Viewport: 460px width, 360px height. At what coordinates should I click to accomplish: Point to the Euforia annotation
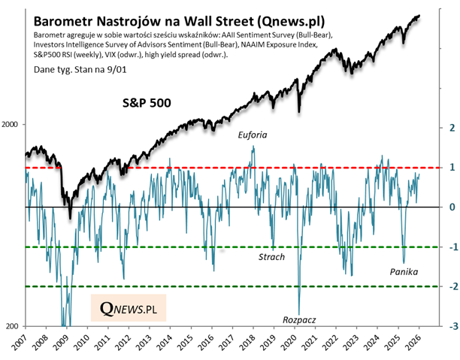point(252,135)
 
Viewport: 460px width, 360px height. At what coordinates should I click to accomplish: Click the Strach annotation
point(271,257)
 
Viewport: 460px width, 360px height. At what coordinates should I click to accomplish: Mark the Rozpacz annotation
point(299,319)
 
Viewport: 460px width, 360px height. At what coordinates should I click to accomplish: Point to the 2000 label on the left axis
point(13,125)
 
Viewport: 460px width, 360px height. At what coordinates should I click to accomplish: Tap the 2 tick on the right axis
point(449,127)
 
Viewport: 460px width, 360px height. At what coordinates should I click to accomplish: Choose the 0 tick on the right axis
point(449,207)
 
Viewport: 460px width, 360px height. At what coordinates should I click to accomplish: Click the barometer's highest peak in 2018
point(253,147)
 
